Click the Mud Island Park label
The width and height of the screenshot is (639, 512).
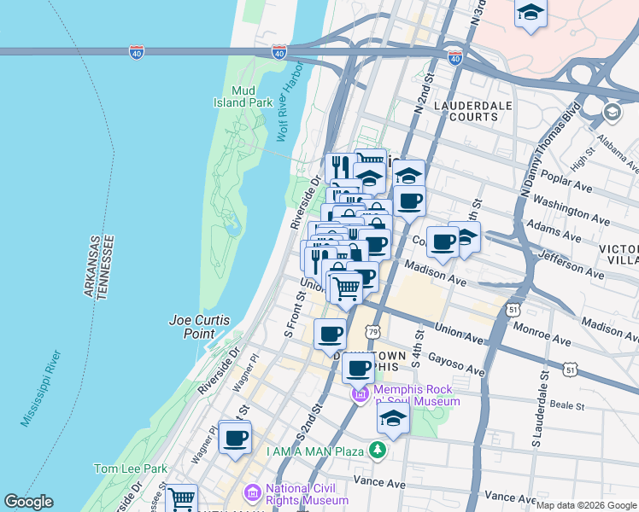pos(243,96)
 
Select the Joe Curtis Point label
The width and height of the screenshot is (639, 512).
pos(199,327)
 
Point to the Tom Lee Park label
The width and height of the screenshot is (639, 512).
pos(131,468)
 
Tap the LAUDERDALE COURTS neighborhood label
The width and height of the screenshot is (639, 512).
pos(466,111)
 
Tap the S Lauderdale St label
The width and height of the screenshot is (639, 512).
pos(537,410)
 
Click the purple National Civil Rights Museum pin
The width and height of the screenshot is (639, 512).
pos(252,492)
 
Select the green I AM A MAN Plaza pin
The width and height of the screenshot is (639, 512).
pos(377,450)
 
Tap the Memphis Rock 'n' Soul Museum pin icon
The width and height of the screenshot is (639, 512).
pos(360,394)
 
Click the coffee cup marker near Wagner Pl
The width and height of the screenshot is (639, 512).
pos(235,439)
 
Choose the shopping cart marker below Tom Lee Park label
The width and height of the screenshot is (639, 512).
pos(181,497)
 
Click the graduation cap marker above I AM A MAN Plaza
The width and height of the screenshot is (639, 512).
pos(393,419)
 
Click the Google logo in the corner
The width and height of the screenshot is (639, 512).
pos(28,502)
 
